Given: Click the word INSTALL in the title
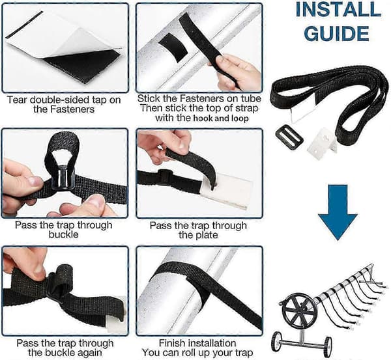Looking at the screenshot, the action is coord(338,10).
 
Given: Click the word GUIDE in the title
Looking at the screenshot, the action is coord(337,33).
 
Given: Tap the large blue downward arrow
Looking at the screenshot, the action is coord(338,212).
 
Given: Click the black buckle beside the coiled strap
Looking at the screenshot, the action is coord(289,137).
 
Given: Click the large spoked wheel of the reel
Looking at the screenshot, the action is coord(300,310).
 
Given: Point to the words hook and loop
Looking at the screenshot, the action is coord(221,118).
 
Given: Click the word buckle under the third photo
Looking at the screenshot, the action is coord(63,234).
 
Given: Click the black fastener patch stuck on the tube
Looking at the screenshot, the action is coord(173,45).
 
